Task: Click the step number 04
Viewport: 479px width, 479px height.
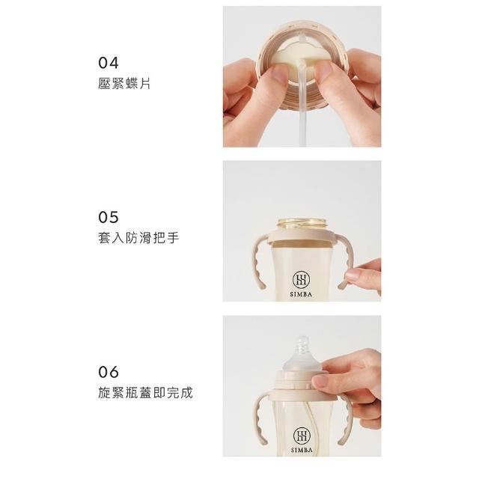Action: [109, 63]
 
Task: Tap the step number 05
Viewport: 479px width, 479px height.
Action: [109, 218]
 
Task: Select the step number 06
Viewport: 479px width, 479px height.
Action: [109, 372]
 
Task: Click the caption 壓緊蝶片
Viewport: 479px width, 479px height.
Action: [124, 83]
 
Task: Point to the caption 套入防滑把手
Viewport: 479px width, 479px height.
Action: [138, 238]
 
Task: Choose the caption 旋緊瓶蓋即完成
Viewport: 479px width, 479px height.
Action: [145, 392]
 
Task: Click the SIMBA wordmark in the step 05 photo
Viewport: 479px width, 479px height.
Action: [301, 294]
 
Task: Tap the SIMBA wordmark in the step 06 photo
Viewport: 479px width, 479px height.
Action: [302, 450]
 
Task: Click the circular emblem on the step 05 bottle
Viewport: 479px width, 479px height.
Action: [301, 280]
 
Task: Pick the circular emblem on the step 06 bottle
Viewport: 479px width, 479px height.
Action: [302, 436]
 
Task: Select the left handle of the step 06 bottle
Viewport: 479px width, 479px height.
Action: [260, 418]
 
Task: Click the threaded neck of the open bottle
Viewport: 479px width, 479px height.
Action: [302, 224]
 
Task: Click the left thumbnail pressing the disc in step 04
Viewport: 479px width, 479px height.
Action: [279, 73]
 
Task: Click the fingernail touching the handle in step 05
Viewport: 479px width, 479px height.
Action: [353, 275]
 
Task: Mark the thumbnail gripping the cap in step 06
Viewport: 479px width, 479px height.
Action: [320, 381]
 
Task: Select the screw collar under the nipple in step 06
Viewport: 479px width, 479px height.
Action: [302, 380]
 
